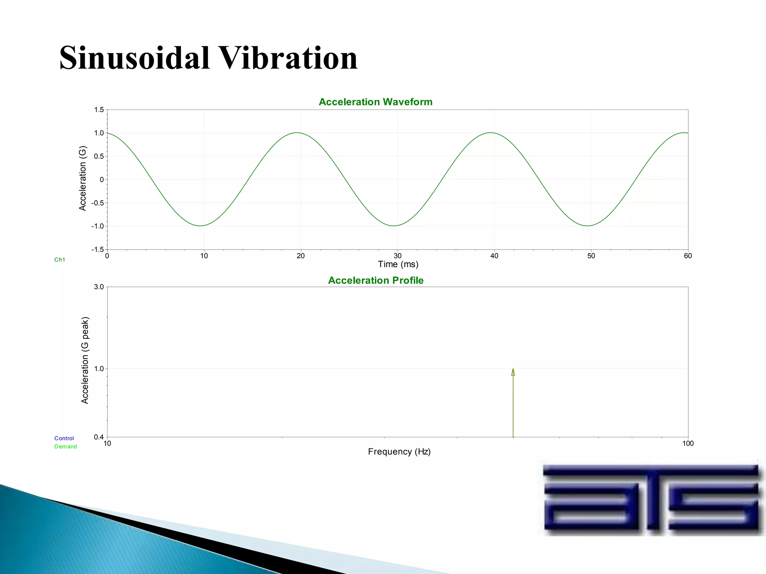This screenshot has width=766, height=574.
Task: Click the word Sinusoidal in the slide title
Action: (x=135, y=58)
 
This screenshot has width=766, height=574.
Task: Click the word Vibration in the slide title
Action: (x=288, y=58)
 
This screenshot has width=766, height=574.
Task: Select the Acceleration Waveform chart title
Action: (x=376, y=102)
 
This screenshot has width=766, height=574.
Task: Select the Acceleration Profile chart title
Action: (x=376, y=280)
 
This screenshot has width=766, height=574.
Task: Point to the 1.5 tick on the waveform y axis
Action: (x=99, y=110)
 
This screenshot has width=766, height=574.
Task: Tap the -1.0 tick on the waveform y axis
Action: (x=98, y=226)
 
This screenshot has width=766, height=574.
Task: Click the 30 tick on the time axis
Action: (x=397, y=256)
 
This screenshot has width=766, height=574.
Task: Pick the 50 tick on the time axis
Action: (x=591, y=256)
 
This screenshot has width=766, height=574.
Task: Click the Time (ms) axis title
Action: (x=398, y=265)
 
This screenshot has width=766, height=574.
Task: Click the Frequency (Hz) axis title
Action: (x=399, y=452)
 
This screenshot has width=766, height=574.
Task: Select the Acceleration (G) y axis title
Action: (x=83, y=178)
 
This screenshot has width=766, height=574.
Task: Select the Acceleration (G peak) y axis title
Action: (x=85, y=360)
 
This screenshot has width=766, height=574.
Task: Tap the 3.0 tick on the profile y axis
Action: (x=99, y=287)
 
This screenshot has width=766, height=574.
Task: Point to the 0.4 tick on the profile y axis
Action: (x=99, y=437)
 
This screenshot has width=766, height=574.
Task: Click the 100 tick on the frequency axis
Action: (x=687, y=444)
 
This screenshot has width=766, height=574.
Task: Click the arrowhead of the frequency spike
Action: (x=513, y=372)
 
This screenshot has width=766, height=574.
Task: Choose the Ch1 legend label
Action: (x=60, y=260)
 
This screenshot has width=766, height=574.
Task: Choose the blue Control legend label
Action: (x=64, y=438)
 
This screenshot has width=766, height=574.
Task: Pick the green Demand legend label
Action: (x=65, y=447)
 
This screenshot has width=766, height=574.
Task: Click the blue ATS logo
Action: (x=651, y=498)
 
